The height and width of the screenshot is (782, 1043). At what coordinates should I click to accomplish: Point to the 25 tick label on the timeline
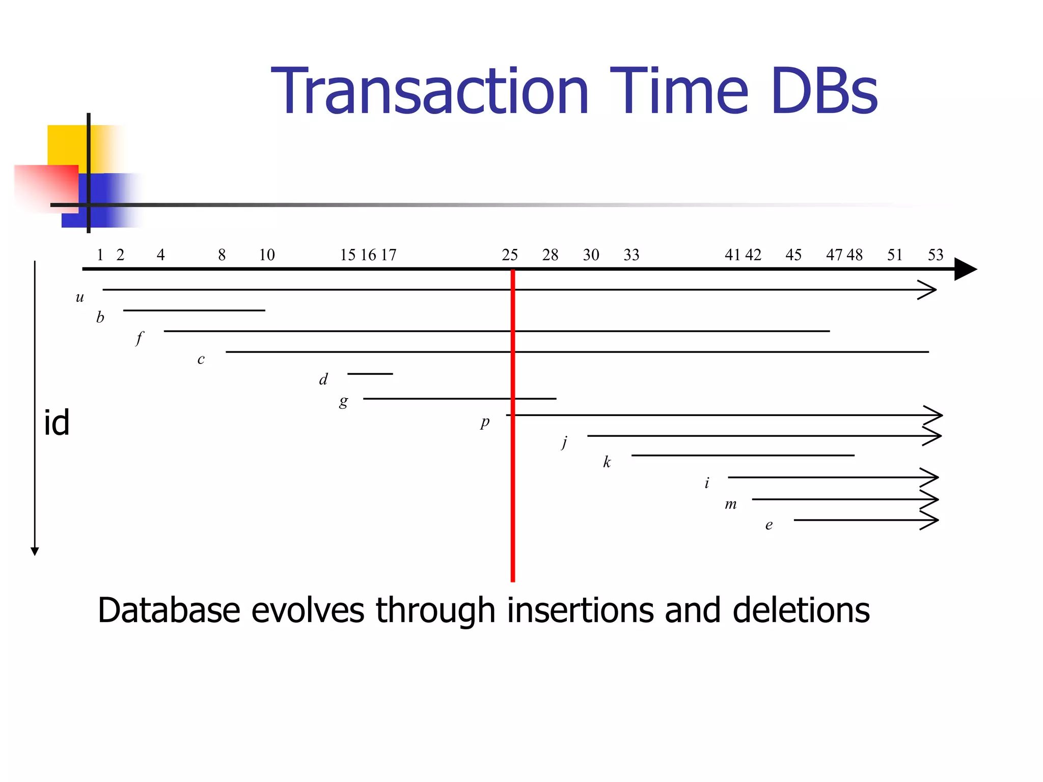pyautogui.click(x=510, y=255)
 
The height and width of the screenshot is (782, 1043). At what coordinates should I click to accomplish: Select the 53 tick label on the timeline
pyautogui.click(x=936, y=255)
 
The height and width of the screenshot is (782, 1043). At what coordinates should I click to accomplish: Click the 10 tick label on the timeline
pyautogui.click(x=267, y=255)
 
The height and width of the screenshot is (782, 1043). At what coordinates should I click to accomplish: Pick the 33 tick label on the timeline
pyautogui.click(x=632, y=255)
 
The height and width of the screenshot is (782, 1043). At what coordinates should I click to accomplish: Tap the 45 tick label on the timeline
pyautogui.click(x=793, y=255)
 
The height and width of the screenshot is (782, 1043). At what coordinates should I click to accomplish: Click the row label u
pyautogui.click(x=79, y=297)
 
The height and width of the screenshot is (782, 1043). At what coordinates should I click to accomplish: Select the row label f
pyautogui.click(x=139, y=338)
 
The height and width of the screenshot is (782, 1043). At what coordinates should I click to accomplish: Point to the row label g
pyautogui.click(x=344, y=402)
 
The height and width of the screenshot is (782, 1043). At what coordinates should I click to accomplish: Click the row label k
pyautogui.click(x=607, y=462)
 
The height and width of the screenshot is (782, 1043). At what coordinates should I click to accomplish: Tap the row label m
pyautogui.click(x=731, y=505)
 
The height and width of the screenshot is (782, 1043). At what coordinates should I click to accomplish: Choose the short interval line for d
pyautogui.click(x=370, y=374)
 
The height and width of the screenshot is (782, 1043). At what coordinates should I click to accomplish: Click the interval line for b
pyautogui.click(x=194, y=310)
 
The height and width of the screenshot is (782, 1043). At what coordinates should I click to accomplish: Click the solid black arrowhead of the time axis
pyautogui.click(x=964, y=269)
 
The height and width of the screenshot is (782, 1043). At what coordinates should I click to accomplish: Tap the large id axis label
pyautogui.click(x=57, y=423)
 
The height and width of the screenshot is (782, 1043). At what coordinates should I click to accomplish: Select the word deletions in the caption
pyautogui.click(x=801, y=610)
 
